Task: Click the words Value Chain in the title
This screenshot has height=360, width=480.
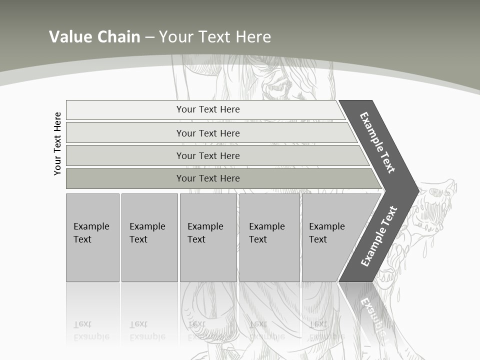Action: (94, 36)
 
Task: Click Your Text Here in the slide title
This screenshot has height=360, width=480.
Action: (215, 36)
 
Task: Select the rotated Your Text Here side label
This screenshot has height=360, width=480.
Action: (57, 143)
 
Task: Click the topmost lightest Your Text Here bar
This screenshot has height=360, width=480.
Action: (207, 109)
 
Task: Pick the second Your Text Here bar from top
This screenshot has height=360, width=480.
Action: (207, 133)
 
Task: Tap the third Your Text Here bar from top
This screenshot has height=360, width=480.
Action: (207, 155)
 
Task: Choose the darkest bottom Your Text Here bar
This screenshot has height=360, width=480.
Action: (207, 178)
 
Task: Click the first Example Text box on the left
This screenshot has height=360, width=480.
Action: (92, 237)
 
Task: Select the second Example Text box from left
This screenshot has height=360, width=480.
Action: (149, 237)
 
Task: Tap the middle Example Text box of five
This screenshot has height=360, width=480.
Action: (208, 237)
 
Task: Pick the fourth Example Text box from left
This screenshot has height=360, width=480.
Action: (269, 237)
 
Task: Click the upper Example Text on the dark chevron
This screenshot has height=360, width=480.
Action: (377, 142)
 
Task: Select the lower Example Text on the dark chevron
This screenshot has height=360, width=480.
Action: (379, 236)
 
